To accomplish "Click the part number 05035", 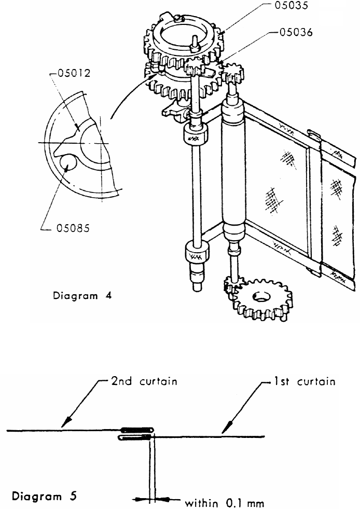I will tap(294, 7).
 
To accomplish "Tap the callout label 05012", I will tap(73, 73).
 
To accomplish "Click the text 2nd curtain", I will tap(144, 381).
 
